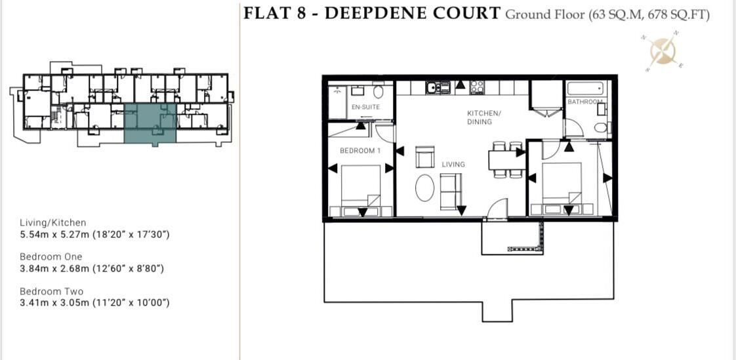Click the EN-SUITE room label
coord(365,107)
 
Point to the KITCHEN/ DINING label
coord(483,117)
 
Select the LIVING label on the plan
coord(453,164)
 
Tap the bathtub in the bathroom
coord(586,89)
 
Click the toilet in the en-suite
coord(378,92)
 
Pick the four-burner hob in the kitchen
coord(477,88)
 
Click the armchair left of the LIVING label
coord(424,158)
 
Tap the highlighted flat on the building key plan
coord(150,123)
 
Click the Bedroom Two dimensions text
coord(95,303)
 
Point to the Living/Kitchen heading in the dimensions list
coord(52,223)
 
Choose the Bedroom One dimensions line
coord(92,268)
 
